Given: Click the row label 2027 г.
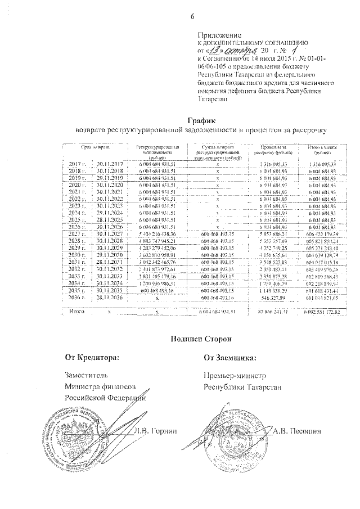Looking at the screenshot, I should [73, 233].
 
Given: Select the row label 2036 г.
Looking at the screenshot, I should [73, 297].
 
